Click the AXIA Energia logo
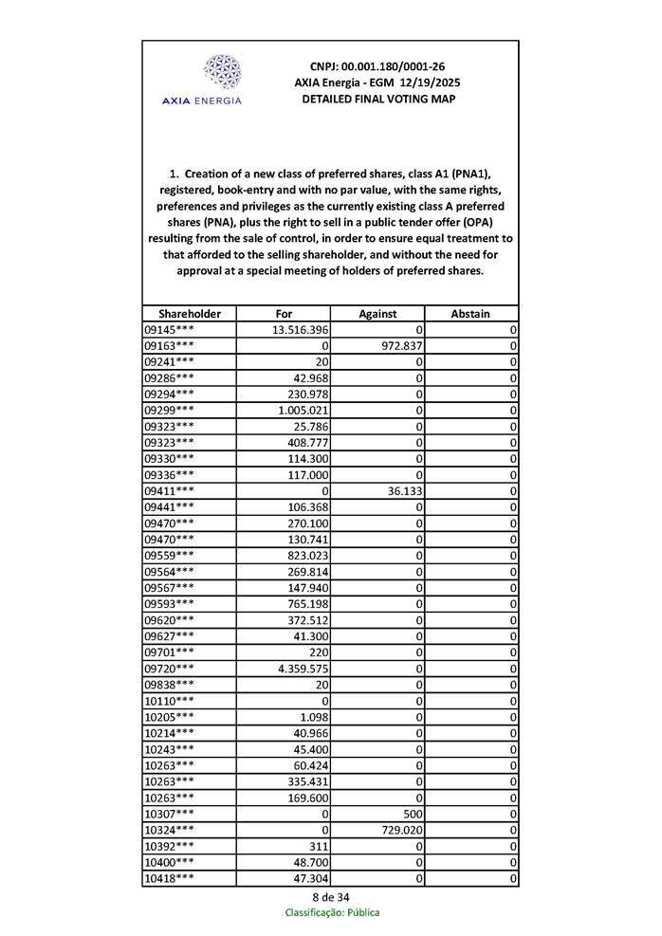point(201,79)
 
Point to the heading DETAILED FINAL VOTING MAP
point(377,99)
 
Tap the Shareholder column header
point(189,314)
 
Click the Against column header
point(377,314)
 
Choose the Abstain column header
point(470,314)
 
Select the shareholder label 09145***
point(170,330)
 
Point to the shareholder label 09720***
point(170,670)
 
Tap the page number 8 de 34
point(330,897)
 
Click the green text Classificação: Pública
point(331,912)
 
